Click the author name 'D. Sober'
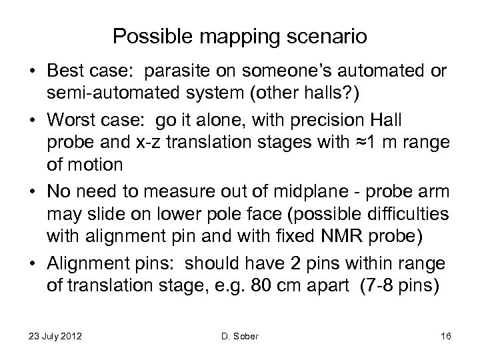pos(239,335)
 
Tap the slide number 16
pos(446,335)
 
